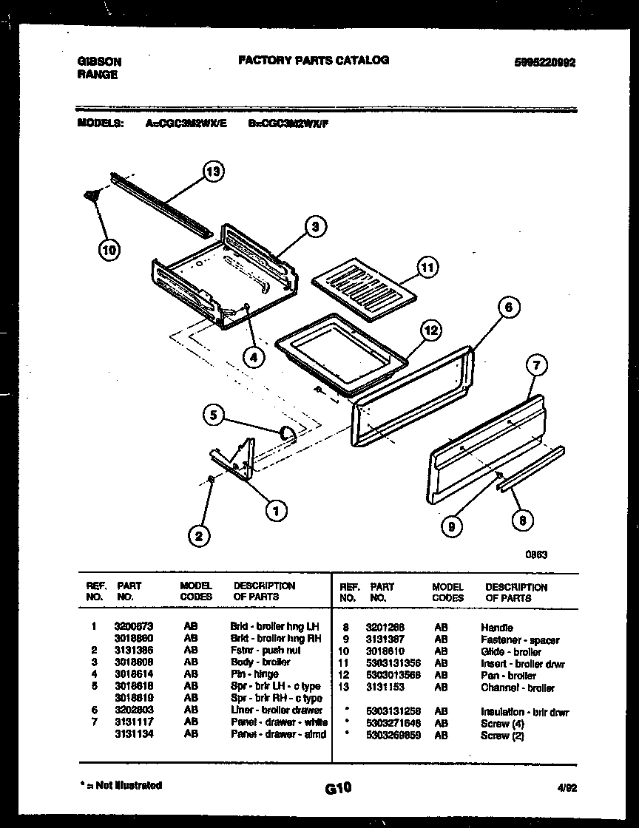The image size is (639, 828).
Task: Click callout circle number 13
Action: [213, 172]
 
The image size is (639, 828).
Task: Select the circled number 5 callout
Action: [214, 416]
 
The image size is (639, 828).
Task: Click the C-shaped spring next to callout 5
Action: [288, 434]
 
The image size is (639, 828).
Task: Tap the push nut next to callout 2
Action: [211, 481]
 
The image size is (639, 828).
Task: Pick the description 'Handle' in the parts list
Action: [496, 628]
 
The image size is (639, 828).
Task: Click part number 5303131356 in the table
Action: [393, 664]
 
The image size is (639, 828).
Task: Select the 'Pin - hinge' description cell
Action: [254, 674]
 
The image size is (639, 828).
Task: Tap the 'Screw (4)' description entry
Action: [502, 724]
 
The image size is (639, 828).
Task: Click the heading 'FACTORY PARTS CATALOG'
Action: [314, 61]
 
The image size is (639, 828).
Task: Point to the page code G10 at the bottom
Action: [338, 789]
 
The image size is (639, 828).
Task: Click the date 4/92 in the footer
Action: [567, 788]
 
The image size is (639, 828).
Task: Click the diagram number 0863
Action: [536, 555]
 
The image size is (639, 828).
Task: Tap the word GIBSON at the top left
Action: [99, 62]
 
